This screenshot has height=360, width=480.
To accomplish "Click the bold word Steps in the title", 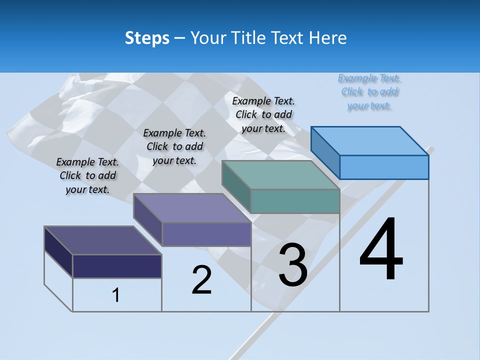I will (147, 38).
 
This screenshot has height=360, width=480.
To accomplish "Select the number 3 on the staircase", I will (293, 265).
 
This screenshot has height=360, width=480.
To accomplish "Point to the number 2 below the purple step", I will (201, 280).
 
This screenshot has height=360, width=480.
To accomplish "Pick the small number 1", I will (116, 295).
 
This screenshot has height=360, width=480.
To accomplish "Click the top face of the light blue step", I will (370, 141).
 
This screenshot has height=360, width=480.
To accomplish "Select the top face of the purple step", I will (192, 208).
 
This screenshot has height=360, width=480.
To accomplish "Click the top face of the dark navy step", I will (103, 240).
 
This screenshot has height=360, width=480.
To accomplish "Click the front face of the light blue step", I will (384, 167).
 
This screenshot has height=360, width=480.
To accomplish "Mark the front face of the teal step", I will (295, 201).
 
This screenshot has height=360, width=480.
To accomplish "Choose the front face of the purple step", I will (206, 234).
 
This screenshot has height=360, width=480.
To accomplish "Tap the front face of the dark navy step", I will (117, 266).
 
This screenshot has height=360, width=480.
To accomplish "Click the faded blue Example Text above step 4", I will (369, 92).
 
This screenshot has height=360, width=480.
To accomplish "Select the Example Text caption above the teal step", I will (263, 114).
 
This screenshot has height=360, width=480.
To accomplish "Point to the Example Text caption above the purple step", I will (174, 146).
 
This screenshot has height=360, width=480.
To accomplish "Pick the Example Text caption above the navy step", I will (87, 175).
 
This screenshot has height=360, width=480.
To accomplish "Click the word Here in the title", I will (328, 38).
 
